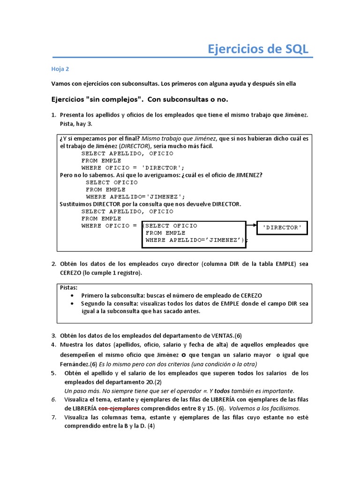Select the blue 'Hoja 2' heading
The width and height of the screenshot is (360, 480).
[60, 69]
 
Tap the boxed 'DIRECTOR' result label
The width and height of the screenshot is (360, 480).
[282, 227]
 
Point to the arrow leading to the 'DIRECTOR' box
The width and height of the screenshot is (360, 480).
[251, 226]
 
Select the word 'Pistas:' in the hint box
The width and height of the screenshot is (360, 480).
[69, 287]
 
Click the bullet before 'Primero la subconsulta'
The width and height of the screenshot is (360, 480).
[71, 296]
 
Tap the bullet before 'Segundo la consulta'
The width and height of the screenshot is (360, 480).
[71, 304]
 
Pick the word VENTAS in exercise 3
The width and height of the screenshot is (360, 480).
[223, 336]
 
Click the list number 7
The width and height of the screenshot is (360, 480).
[53, 417]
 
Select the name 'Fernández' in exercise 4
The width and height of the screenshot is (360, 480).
[73, 364]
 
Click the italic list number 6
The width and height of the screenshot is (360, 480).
[53, 399]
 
